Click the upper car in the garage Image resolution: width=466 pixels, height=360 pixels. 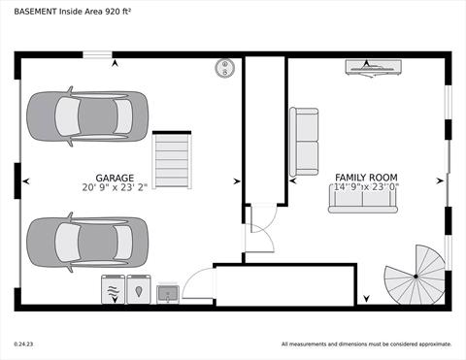coord(87,114)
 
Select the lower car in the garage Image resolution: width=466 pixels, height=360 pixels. coord(87,238)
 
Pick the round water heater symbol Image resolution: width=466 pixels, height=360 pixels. coord(226,68)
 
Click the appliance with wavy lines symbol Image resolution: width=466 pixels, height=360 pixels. coord(113,289)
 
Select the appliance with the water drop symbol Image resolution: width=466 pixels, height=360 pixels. coord(139,289)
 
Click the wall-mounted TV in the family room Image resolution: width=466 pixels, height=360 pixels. coord(373,67)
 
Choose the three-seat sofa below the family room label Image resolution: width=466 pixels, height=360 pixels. coord(362,200)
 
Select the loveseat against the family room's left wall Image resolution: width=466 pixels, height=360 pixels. coord(304,142)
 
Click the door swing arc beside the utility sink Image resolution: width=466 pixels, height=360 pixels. coord(196,283)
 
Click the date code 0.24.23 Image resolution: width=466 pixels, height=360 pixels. coord(24,344)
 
